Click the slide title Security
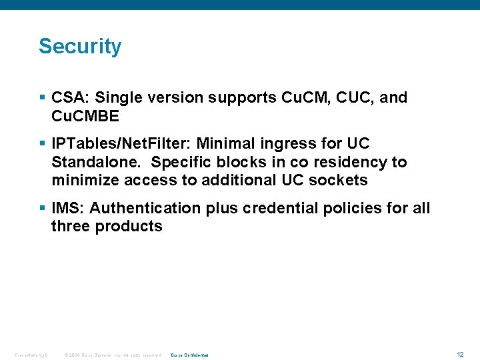coord(80,47)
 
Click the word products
coord(129,227)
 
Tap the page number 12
coord(460,354)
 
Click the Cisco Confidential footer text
coord(190,355)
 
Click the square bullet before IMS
coord(43,209)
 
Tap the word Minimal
coord(225,144)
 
